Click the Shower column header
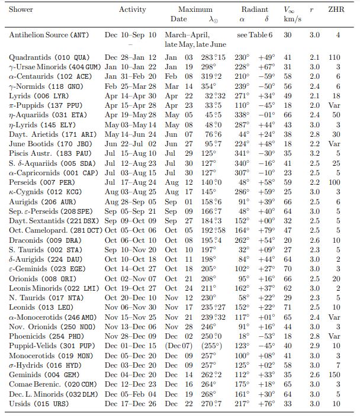[x=21, y=9]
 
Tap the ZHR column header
[x=336, y=9]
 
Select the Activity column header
[x=132, y=9]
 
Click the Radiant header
[x=255, y=9]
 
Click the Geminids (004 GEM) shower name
[x=40, y=374]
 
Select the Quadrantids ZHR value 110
[x=335, y=57]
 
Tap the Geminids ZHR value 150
[x=335, y=374]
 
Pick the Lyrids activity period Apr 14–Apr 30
[x=130, y=96]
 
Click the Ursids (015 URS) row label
[x=36, y=404]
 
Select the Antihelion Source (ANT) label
[x=49, y=36]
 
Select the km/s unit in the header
[x=289, y=20]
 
